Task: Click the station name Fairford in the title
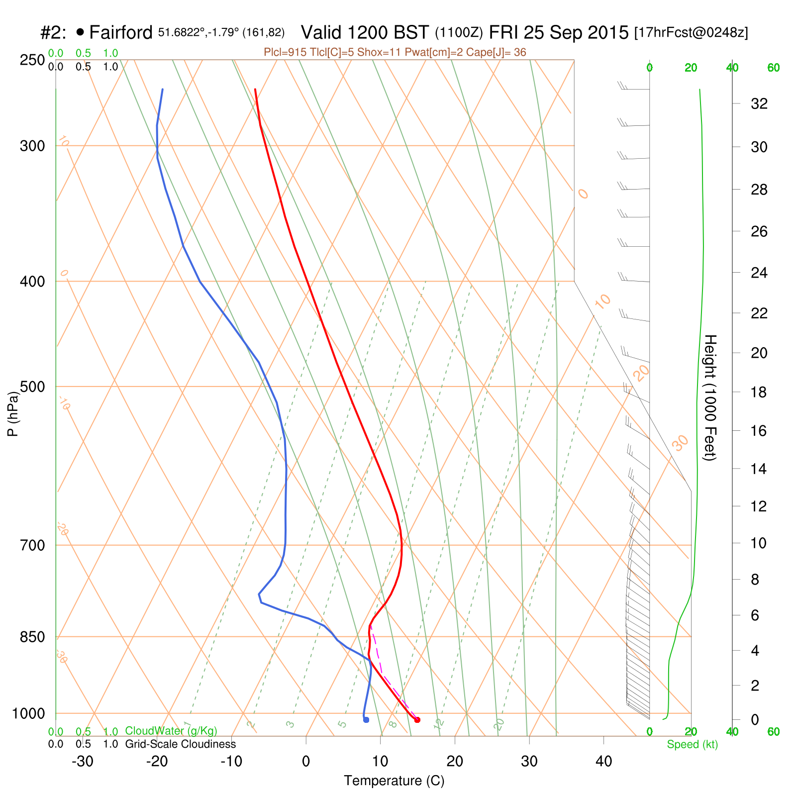(121, 33)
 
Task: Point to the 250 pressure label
(32, 60)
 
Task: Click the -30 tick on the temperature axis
(83, 762)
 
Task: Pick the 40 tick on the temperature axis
(603, 762)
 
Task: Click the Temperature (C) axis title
(394, 781)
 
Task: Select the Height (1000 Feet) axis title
(710, 398)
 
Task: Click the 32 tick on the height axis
(759, 104)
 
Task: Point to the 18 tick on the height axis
(759, 393)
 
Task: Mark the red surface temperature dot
(417, 720)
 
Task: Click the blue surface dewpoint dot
(366, 720)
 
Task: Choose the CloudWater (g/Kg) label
(171, 731)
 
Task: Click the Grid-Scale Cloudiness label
(181, 744)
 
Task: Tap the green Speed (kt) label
(693, 744)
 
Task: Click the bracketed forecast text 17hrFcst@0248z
(691, 33)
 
